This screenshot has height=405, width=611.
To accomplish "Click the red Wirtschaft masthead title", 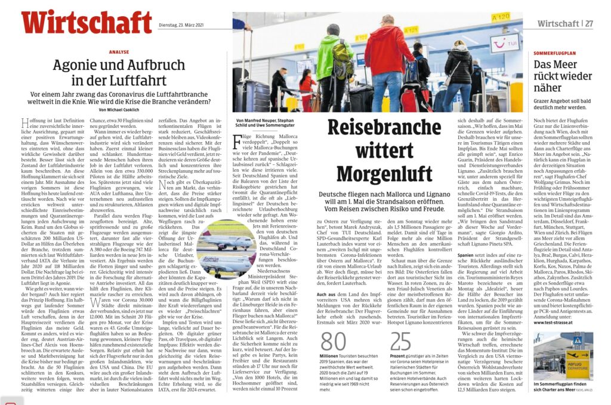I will click(87, 22).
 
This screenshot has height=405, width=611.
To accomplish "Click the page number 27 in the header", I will click(588, 24).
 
